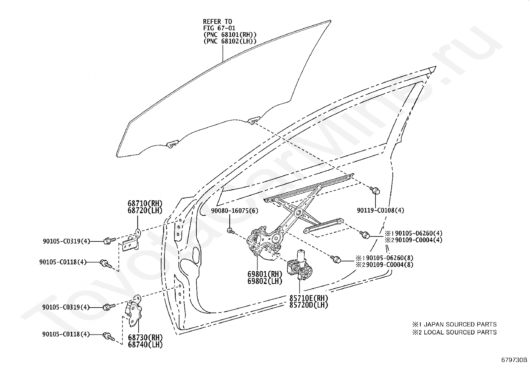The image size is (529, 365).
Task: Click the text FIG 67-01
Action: [219, 28]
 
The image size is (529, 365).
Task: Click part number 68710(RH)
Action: [145, 204]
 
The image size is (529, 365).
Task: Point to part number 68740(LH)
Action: [145, 345]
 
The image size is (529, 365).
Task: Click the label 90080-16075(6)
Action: [234, 211]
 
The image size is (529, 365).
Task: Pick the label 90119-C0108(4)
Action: [380, 210]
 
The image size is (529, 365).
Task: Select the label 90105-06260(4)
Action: [417, 233]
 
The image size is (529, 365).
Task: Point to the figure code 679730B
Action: [514, 360]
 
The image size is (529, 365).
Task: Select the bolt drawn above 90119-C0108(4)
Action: [375, 190]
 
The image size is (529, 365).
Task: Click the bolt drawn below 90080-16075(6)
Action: [230, 230]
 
